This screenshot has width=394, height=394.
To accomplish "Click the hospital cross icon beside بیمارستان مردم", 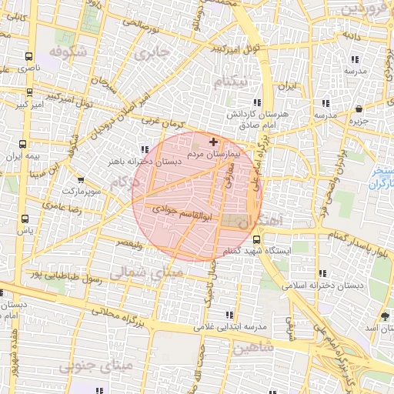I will pyautogui.click(x=213, y=142).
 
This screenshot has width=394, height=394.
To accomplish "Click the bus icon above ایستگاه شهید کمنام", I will pyautogui.click(x=256, y=239).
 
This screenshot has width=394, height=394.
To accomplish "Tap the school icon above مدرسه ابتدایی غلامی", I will pyautogui.click(x=229, y=315).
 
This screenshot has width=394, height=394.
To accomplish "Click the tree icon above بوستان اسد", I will pyautogui.click(x=385, y=316).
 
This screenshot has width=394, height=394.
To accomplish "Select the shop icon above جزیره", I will pyautogui.click(x=359, y=109).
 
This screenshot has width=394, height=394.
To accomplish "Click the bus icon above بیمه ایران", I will pyautogui.click(x=23, y=143).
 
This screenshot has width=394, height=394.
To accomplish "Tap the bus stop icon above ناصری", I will pyautogui.click(x=28, y=56).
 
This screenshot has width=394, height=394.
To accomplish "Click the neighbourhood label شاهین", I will pyautogui.click(x=251, y=348).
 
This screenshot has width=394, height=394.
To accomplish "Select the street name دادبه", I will pyautogui.click(x=352, y=36).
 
